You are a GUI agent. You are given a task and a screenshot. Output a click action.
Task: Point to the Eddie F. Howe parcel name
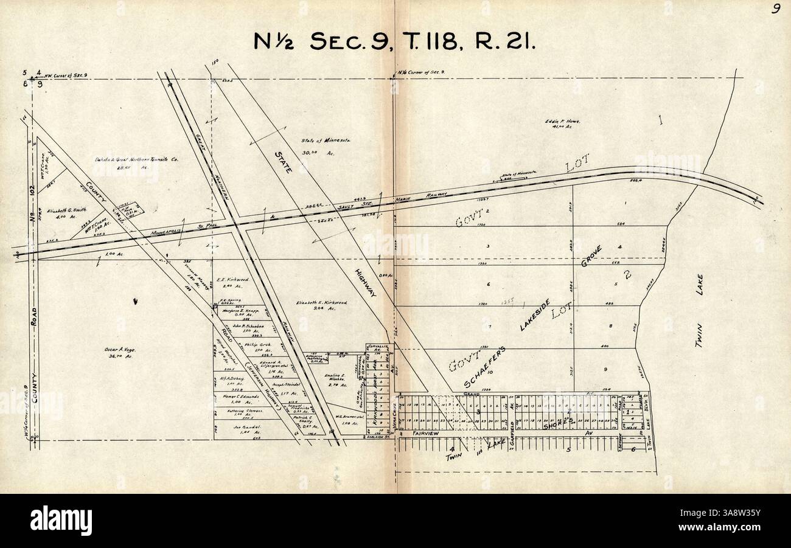562,122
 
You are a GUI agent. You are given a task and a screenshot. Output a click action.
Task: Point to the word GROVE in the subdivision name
590,258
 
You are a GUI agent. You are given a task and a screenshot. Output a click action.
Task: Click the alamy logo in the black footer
61,521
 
